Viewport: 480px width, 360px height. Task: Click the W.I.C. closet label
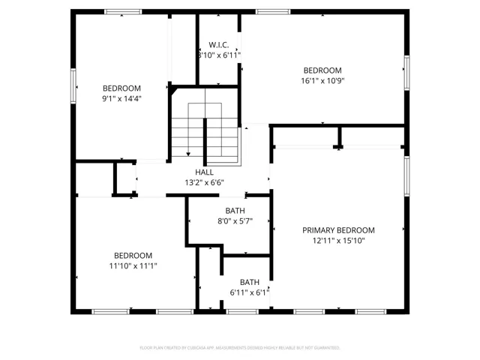219,44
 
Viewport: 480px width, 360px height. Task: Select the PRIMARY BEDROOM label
338,230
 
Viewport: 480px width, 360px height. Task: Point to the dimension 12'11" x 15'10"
338,241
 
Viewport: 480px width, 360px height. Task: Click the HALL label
204,172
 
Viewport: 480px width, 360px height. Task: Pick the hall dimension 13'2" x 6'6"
204,182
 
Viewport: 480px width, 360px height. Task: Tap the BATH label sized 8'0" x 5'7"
235,211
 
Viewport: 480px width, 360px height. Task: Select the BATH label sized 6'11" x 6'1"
249,282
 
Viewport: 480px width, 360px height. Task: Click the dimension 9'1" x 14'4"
121,98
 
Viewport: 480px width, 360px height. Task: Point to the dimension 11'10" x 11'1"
133,265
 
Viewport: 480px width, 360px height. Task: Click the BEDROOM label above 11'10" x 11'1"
133,255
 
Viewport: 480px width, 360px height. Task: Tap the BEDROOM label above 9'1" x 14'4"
121,88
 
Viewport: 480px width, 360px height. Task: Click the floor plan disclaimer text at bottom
240,348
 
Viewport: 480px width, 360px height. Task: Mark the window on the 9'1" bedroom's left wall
73,85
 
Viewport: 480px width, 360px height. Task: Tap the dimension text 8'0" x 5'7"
235,221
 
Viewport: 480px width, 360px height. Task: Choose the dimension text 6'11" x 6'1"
249,292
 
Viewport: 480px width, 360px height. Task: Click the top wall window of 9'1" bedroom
123,11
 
